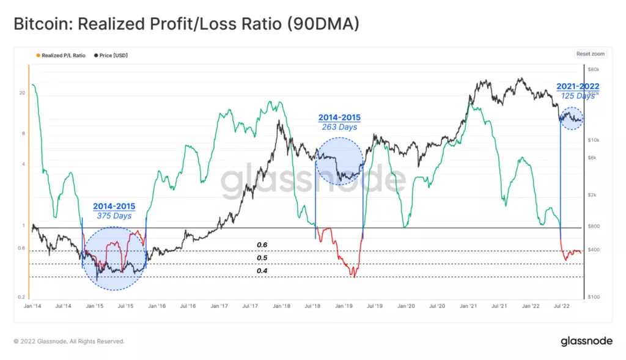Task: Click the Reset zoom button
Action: click(x=590, y=54)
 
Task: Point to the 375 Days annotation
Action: click(x=114, y=216)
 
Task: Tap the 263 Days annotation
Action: click(x=339, y=127)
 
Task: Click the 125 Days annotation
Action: click(x=577, y=96)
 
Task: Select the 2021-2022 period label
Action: click(x=577, y=87)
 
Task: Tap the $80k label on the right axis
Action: click(x=594, y=70)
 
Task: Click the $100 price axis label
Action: click(x=594, y=297)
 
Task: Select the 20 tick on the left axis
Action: click(x=22, y=93)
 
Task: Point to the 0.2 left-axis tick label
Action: click(x=21, y=297)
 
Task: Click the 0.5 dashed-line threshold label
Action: click(x=262, y=258)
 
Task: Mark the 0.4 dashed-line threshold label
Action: click(x=262, y=271)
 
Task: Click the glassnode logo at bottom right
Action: click(x=586, y=341)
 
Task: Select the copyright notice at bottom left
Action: click(x=69, y=341)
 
